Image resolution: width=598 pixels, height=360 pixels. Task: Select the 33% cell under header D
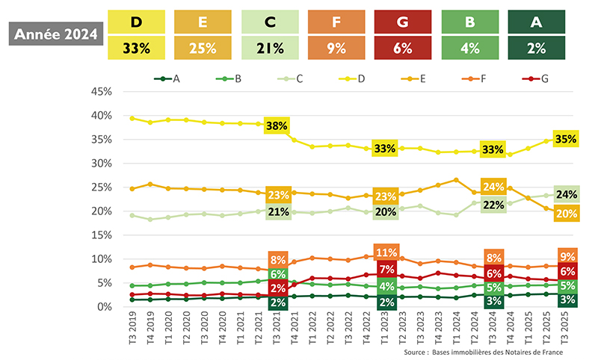136,49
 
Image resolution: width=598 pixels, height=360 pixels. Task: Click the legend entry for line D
346,78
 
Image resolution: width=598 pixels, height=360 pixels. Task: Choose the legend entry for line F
472,78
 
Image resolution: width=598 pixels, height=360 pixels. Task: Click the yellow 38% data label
277,126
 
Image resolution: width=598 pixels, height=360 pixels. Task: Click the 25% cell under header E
203,49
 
